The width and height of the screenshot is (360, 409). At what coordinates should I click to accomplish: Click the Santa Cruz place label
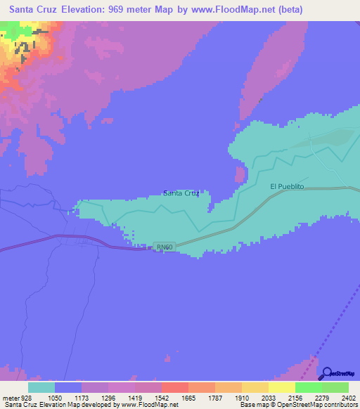point(181,193)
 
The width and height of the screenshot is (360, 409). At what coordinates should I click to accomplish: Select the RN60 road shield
point(164,247)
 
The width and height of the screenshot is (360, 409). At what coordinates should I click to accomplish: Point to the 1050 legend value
point(55,397)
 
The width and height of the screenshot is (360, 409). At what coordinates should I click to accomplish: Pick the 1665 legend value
point(188,397)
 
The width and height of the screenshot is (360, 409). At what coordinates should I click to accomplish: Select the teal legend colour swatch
point(41,387)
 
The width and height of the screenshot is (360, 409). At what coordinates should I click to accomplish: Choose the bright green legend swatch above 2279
point(308,387)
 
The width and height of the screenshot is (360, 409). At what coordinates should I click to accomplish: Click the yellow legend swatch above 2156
point(281,387)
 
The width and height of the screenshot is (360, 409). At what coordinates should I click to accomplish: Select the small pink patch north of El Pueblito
point(240,174)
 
